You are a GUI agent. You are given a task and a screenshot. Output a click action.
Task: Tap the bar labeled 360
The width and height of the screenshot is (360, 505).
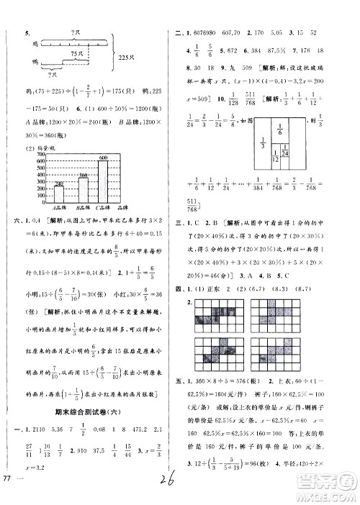(82, 189)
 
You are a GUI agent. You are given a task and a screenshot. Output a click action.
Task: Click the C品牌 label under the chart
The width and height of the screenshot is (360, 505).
(104, 209)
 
